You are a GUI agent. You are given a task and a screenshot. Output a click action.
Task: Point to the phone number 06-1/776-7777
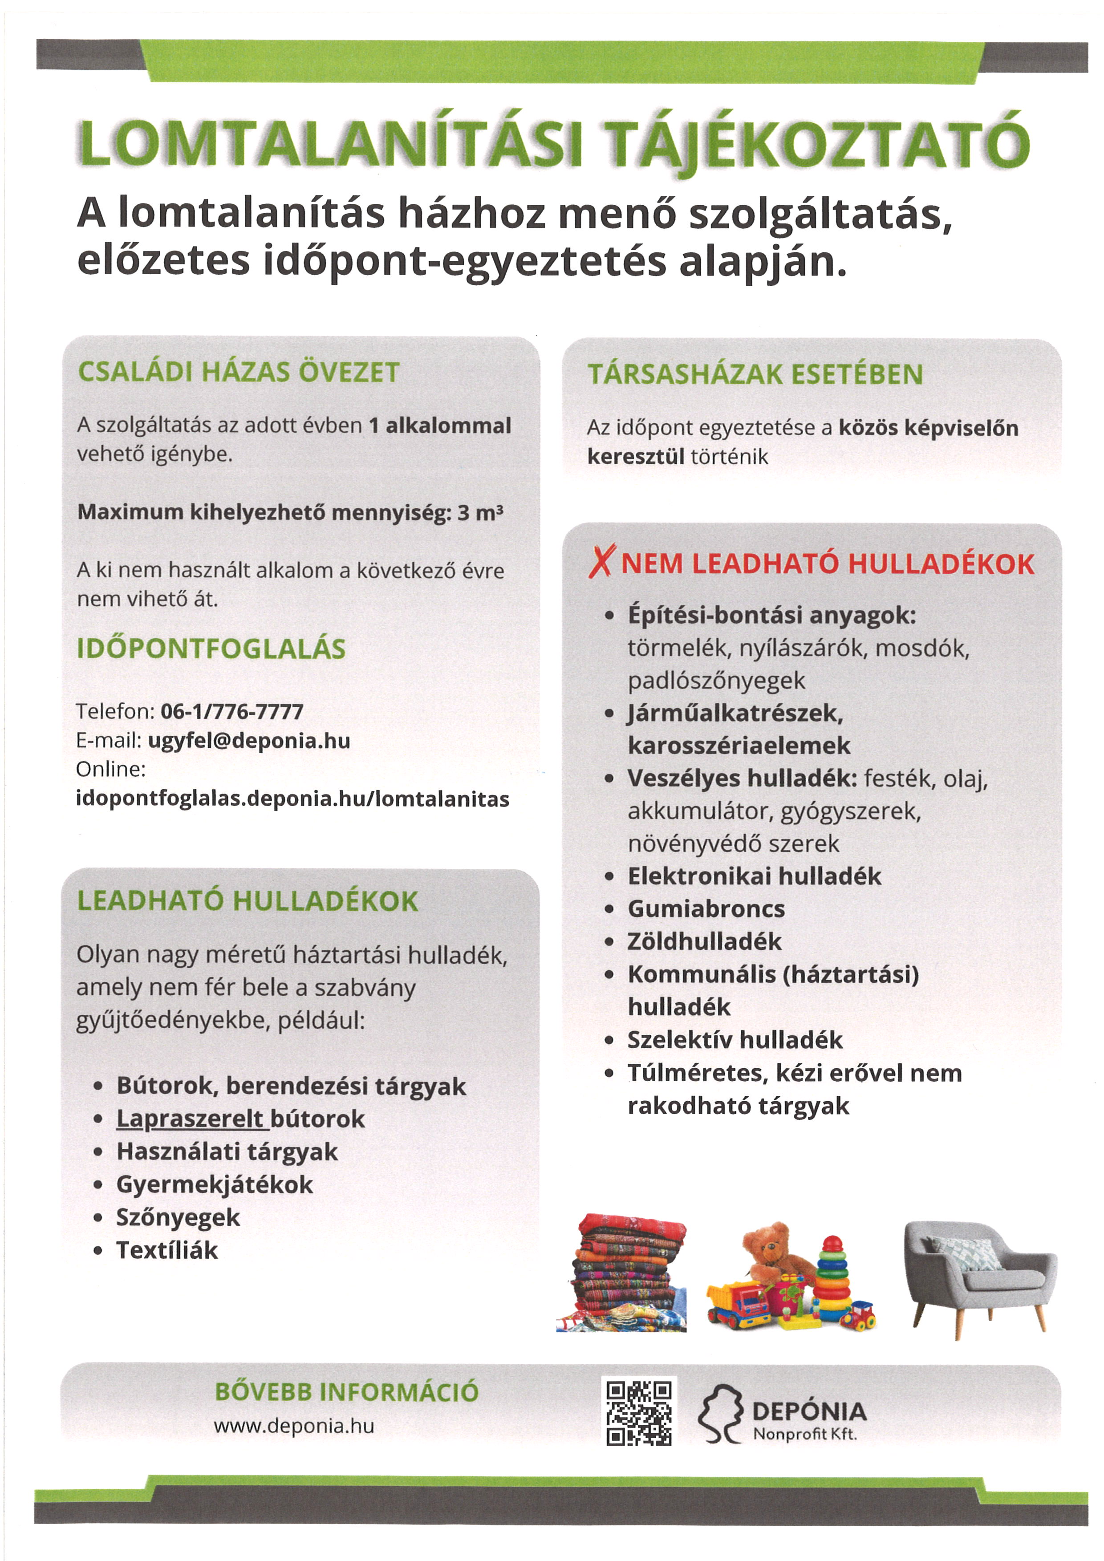pos(232,711)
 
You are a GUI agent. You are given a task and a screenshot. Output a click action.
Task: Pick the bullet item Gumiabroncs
pos(706,908)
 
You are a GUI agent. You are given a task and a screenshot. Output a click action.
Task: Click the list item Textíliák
pos(167,1249)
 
